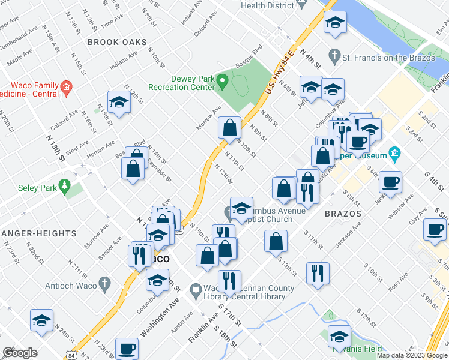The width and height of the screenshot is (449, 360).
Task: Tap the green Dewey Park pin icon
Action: coord(223,79)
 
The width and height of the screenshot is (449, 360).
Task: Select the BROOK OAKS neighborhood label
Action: coord(117,42)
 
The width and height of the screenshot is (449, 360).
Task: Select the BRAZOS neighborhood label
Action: coord(343,214)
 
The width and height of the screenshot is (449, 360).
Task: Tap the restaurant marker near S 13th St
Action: coord(318,273)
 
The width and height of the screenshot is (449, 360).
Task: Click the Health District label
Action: coord(268,5)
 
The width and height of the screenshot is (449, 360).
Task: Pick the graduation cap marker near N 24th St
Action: coord(41,321)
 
